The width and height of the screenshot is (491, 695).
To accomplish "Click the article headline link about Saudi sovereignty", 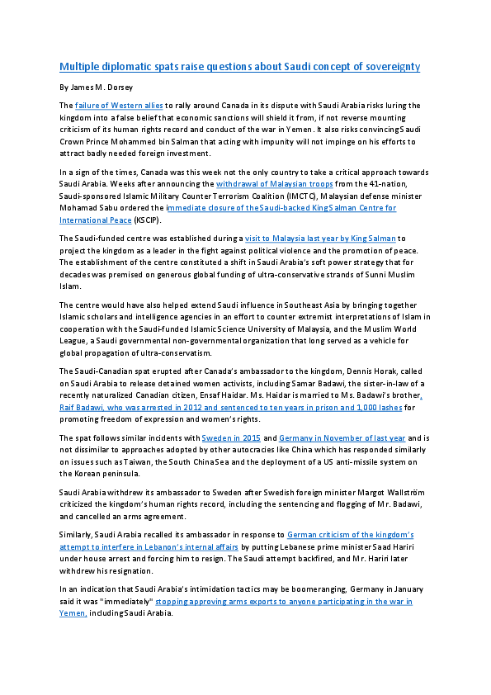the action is (x=240, y=67).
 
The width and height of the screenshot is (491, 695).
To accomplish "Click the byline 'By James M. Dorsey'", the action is (x=97, y=87).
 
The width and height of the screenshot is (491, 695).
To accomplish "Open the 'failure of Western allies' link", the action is (x=119, y=106).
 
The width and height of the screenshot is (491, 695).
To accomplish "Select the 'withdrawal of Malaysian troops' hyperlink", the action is (x=274, y=184).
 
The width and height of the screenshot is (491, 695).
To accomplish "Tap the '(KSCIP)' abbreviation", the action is (x=147, y=220).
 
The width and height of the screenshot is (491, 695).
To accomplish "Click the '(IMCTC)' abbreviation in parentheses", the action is (x=302, y=196).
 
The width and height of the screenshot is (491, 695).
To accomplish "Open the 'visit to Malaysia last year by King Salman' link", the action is (x=320, y=239).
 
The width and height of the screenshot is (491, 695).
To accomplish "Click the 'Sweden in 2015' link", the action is (x=231, y=438).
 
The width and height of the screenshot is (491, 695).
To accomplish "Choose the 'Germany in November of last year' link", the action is (x=342, y=438).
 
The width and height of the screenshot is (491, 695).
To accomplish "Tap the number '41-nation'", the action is (x=388, y=184).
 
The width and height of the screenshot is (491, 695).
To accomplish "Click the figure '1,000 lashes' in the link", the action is (x=380, y=407).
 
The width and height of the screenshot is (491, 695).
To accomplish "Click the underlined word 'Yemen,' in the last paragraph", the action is (x=73, y=613).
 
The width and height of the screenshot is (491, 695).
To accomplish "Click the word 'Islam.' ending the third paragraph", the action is (x=70, y=286).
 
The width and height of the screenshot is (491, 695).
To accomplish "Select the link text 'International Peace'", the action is (x=95, y=220).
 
